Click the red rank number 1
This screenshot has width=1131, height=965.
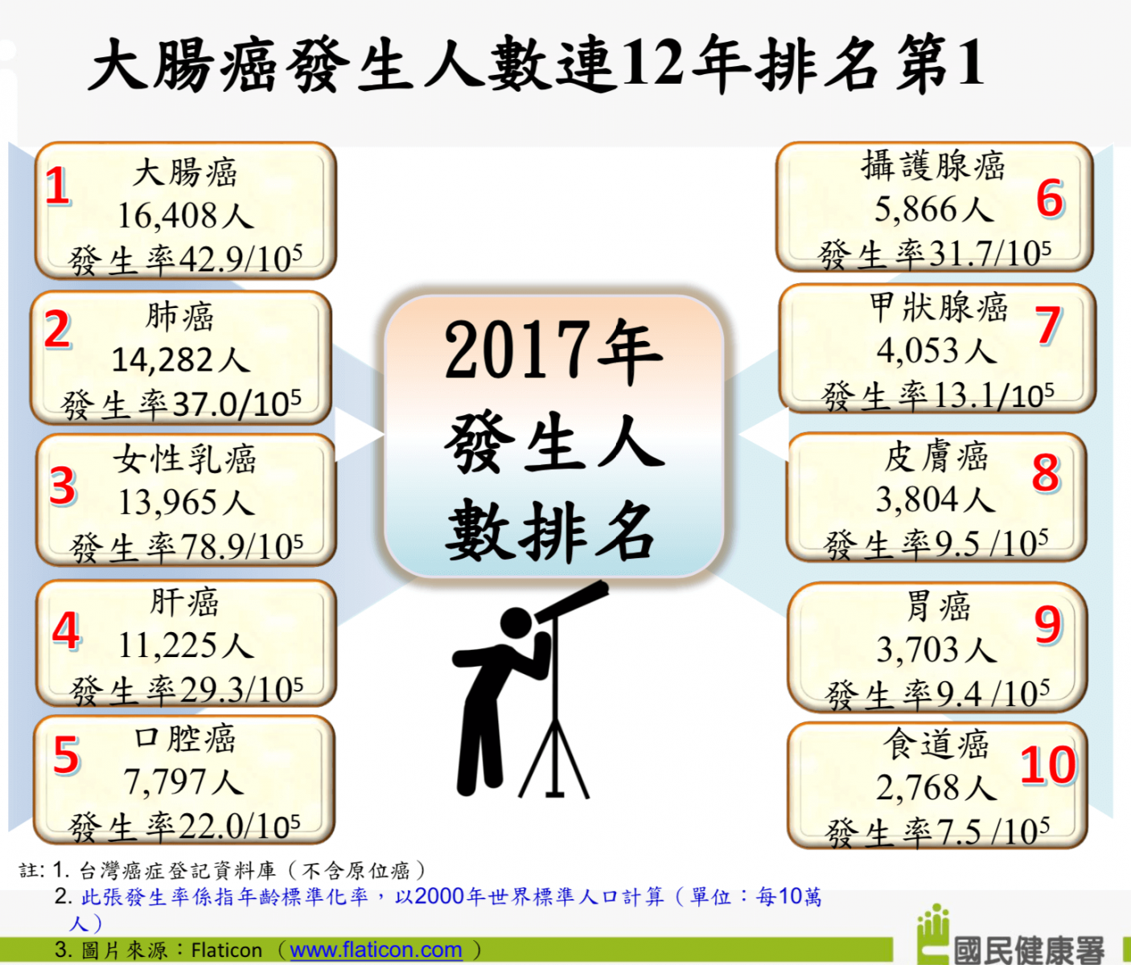[57, 186]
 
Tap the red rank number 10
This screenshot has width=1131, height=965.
[1048, 765]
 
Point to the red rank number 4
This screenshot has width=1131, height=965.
[66, 630]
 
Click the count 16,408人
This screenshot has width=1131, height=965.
[186, 216]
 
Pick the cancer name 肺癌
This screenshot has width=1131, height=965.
[180, 317]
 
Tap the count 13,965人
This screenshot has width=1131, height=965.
[186, 502]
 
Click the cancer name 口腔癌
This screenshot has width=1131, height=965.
[185, 738]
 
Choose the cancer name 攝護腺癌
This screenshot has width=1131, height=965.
[933, 165]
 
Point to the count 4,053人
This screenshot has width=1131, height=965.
[936, 350]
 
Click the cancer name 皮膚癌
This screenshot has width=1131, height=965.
[936, 457]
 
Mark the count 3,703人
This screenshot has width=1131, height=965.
[937, 649]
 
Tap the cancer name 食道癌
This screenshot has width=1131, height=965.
[936, 745]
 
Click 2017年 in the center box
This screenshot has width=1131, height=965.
[553, 350]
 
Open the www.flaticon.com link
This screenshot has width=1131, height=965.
[376, 951]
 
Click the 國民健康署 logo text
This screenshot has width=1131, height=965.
[1029, 949]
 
